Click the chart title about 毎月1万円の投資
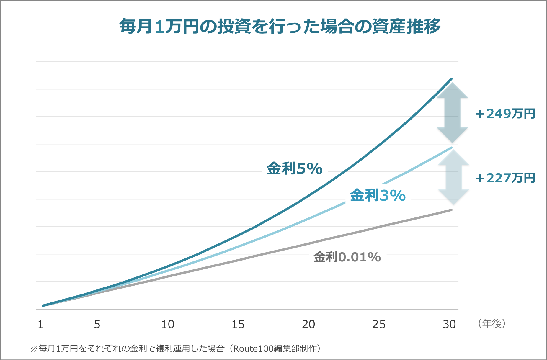coord(280,27)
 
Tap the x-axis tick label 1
coord(41,324)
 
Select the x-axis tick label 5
coord(97,324)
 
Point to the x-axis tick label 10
coord(167,324)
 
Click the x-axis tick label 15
coord(238,324)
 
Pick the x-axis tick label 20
coord(308,324)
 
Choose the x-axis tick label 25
coord(379,324)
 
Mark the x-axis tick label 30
coord(449,324)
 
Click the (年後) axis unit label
coord(492,324)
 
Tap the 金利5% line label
coord(294,169)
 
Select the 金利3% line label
coord(378,195)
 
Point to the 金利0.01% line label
coord(347,257)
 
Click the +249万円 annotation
coord(505,114)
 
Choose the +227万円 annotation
coord(505,178)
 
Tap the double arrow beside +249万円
coord(453,112)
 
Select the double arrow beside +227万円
coord(453,177)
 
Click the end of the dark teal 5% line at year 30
coord(451,79)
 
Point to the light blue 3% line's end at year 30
coord(451,148)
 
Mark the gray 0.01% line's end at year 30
coord(451,210)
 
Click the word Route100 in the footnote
coord(250,349)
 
